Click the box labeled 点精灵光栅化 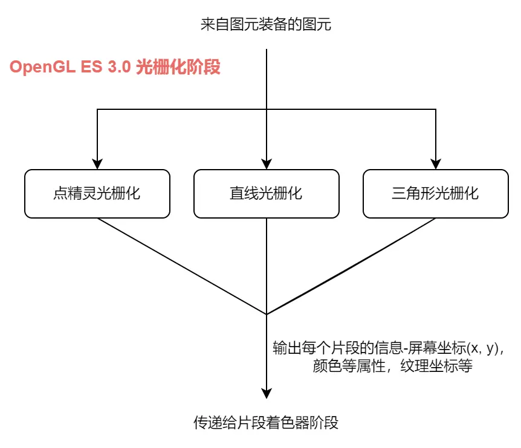click(x=97, y=194)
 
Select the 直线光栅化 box click(x=266, y=194)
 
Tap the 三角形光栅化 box click(x=435, y=194)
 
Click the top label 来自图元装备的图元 click(x=266, y=25)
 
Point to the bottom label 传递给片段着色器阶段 click(x=266, y=422)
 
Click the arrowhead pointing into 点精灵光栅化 click(x=97, y=164)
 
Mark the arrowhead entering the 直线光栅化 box click(x=267, y=164)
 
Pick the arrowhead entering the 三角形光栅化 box click(x=435, y=164)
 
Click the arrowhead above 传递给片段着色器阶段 click(x=267, y=393)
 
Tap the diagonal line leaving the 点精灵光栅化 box click(x=181, y=266)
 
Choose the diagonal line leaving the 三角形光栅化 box click(x=351, y=266)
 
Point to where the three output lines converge click(x=267, y=314)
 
